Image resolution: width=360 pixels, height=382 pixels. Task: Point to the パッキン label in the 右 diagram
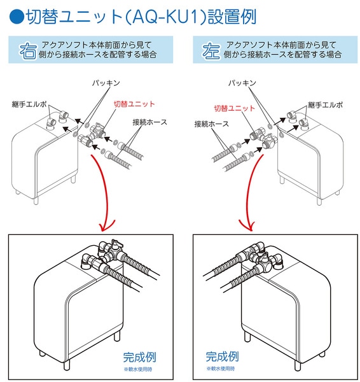pos(106,83)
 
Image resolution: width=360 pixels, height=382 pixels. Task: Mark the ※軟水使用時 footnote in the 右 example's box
pos(138,369)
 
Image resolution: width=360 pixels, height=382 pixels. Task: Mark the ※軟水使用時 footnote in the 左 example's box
pos(220,369)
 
